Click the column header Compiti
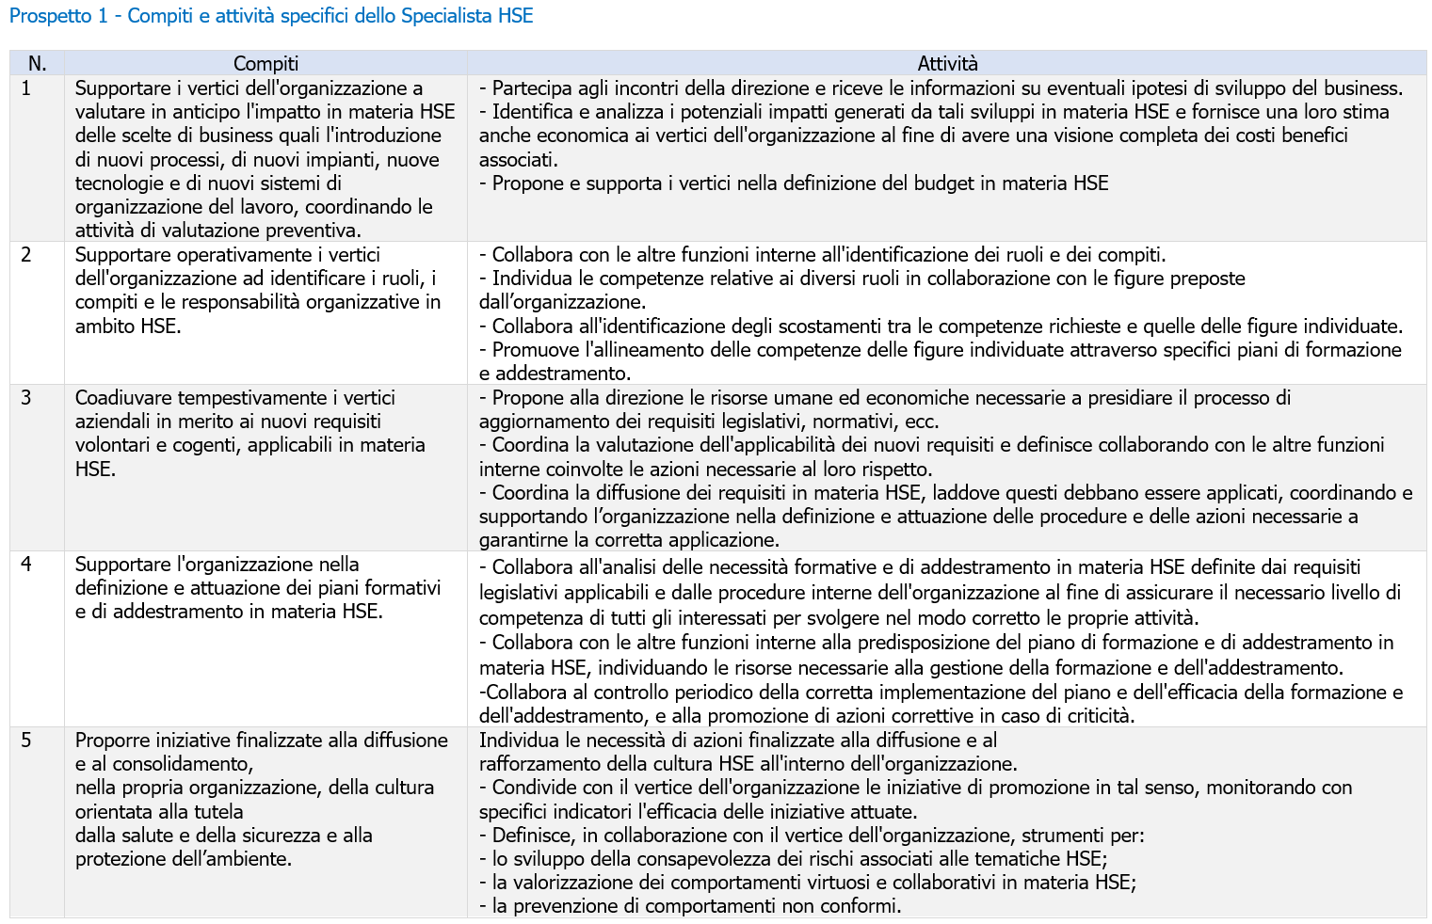(265, 64)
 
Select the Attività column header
(947, 64)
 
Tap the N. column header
(37, 64)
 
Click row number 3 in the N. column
(26, 398)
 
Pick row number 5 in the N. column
(26, 741)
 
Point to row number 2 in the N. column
(26, 255)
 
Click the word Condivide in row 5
(534, 788)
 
